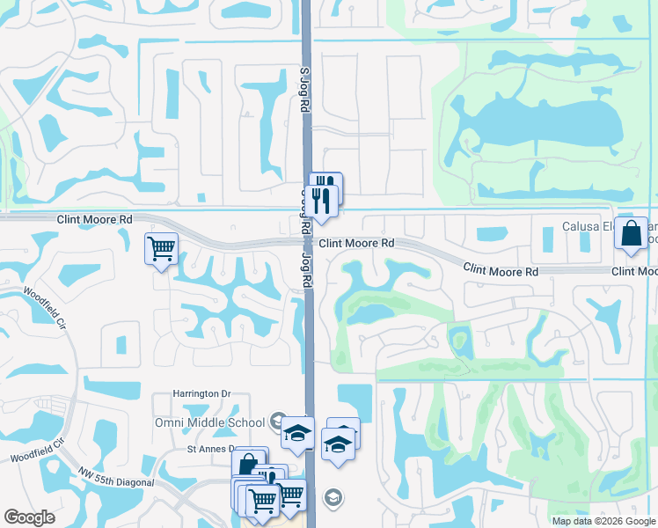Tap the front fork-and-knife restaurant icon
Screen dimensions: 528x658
point(324,201)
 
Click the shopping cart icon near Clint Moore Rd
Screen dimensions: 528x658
point(161,248)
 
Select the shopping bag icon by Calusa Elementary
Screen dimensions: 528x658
point(631,234)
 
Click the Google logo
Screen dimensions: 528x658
point(30,517)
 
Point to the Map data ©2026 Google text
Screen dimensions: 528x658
point(603,521)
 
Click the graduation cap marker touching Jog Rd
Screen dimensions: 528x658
point(298,433)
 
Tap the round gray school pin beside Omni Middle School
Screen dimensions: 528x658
point(278,420)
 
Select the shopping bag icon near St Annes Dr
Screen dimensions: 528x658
point(249,464)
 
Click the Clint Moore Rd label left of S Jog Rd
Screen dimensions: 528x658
point(95,219)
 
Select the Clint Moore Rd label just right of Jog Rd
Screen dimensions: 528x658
point(356,243)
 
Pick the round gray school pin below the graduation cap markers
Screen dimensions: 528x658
point(333,498)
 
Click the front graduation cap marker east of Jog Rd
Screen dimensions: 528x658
point(337,444)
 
